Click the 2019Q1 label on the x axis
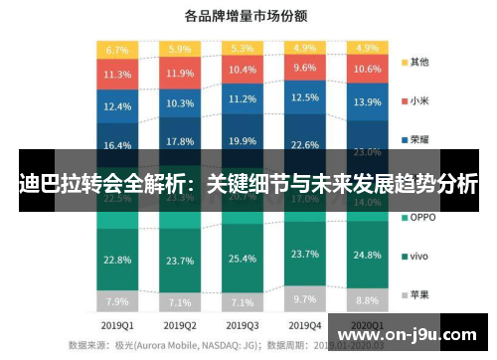pyautogui.click(x=117, y=325)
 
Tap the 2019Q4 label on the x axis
pyautogui.click(x=303, y=325)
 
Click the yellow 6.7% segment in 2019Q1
pyautogui.click(x=117, y=50)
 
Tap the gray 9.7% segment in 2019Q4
pyautogui.click(x=303, y=298)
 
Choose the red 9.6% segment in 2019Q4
pyautogui.click(x=303, y=69)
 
